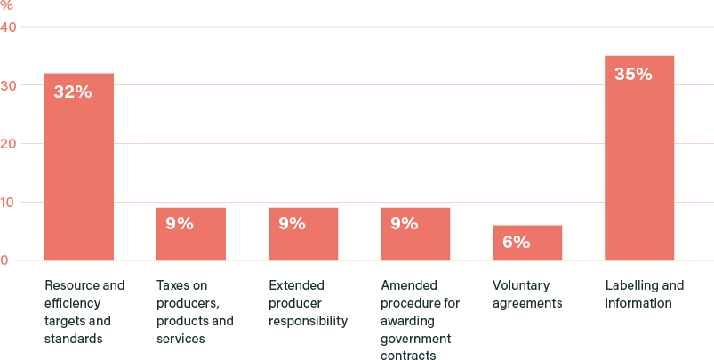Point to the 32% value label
pos(72,92)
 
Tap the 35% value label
pos(633,75)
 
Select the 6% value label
pos(516,242)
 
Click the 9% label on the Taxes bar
pos(180,224)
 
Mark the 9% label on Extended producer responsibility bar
pos(292,224)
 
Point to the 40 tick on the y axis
pos(9,28)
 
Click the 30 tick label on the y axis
pos(9,85)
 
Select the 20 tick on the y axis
pos(9,144)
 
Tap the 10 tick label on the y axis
pos(9,203)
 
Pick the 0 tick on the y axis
pos(5,260)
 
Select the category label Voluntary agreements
pos(520,294)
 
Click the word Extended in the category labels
pos(296,286)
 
